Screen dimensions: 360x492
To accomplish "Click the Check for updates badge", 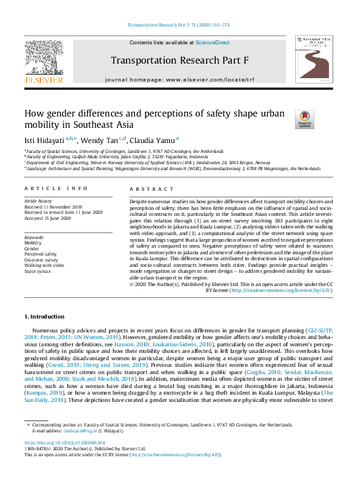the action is point(304,119).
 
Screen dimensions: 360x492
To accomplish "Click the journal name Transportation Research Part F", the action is point(179,60).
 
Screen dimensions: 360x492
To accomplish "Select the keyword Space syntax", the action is point(39,271).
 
